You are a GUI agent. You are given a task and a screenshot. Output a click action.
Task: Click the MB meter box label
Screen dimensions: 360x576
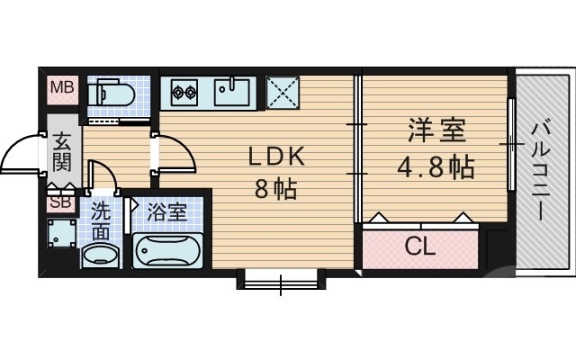62,87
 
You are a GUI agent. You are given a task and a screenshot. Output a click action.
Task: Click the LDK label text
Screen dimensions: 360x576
277,157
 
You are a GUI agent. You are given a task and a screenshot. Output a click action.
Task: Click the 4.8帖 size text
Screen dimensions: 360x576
436,167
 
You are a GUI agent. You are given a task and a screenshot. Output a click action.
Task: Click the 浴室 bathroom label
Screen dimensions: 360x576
166,213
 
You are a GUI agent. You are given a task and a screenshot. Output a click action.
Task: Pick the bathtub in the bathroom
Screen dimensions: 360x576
168,249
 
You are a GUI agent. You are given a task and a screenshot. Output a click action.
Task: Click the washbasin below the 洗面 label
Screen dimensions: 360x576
101,255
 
